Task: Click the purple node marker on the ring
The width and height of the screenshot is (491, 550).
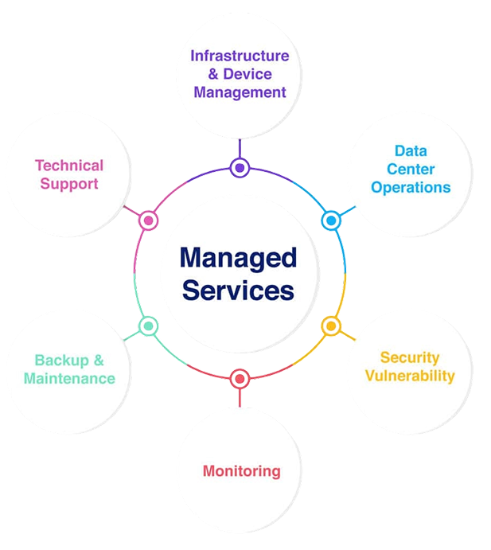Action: (x=240, y=167)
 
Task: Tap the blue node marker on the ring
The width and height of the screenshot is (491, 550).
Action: (x=330, y=218)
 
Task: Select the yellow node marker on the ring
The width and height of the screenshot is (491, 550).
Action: (x=331, y=326)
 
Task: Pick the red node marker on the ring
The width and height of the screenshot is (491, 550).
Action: (x=240, y=378)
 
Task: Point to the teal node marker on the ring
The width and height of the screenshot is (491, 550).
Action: (x=148, y=326)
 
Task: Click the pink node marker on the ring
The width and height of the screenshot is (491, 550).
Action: (x=148, y=220)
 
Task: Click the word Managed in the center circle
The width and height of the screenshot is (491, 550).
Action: (x=238, y=258)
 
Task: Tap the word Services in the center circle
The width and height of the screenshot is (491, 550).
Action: (x=238, y=291)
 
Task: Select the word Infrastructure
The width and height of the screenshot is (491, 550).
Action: (x=240, y=56)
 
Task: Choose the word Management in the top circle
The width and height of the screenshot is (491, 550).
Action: (x=240, y=92)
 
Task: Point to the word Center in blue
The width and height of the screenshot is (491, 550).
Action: (x=411, y=169)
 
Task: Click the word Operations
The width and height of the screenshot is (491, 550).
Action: (x=411, y=188)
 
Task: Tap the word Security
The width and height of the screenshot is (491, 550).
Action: (x=409, y=357)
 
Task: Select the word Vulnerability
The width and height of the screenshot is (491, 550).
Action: (x=410, y=376)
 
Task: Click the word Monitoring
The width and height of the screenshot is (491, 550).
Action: (x=241, y=470)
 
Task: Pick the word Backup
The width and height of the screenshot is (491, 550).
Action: (x=62, y=360)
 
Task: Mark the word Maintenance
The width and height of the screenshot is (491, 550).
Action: (x=69, y=378)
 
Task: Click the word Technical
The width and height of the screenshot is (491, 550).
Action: (x=69, y=166)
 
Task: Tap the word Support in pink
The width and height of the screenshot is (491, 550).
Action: (x=69, y=184)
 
